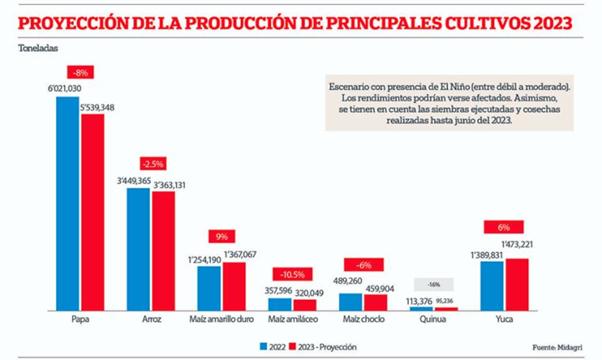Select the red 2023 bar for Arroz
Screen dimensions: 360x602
163,251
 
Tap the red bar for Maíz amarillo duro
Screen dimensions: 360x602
234,286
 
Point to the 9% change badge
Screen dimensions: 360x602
222,236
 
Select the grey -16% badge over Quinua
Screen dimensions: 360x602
434,284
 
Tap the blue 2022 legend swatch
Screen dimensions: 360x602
263,347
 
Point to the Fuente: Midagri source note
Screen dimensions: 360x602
557,347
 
